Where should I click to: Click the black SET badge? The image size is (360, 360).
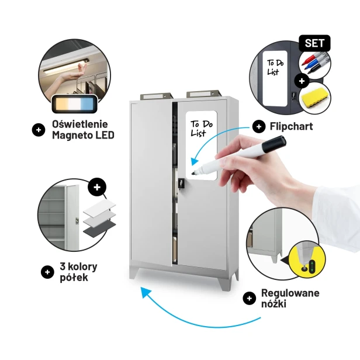tap(314, 43)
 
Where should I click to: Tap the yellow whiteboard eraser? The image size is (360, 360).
tap(314, 98)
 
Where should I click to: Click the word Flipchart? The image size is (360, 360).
tap(291, 126)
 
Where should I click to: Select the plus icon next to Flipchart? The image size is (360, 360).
tap(259, 126)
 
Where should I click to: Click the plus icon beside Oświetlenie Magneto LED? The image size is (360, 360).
tap(39, 130)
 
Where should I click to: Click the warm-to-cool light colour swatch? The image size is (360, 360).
tap(75, 104)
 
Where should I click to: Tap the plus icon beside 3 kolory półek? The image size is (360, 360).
tap(47, 272)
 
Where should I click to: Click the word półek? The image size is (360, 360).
tap(74, 278)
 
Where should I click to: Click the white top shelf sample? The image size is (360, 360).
tap(99, 207)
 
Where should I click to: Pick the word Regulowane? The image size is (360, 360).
tap(290, 293)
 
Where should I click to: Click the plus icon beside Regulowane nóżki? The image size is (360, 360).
tap(250, 298)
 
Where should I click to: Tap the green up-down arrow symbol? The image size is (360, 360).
tap(312, 266)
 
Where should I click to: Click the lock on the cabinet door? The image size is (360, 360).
tap(181, 183)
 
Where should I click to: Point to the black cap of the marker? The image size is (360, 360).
tap(274, 144)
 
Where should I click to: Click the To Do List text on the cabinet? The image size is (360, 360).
tap(202, 129)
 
